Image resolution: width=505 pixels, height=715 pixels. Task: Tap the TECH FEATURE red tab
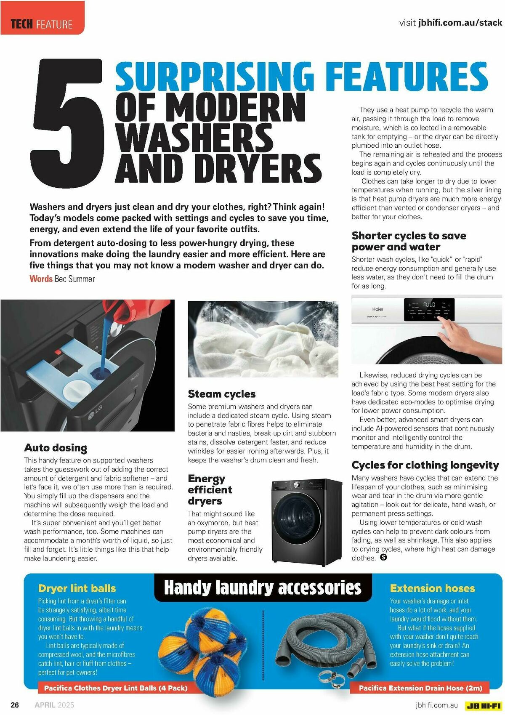pyautogui.click(x=42, y=24)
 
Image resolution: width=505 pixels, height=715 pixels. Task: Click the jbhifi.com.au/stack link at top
pyautogui.click(x=460, y=23)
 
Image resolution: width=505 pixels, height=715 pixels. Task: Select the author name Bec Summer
pyautogui.click(x=74, y=279)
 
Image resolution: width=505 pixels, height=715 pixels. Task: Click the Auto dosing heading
pyautogui.click(x=56, y=447)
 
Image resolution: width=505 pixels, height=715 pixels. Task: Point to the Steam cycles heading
pyautogui.click(x=222, y=394)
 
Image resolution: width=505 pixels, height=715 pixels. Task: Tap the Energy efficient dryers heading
pyautogui.click(x=210, y=489)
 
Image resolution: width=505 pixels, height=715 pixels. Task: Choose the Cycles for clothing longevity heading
pyautogui.click(x=425, y=465)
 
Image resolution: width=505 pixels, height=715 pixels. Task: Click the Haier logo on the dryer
pyautogui.click(x=377, y=309)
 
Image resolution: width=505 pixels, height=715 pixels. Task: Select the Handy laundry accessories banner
pyautogui.click(x=263, y=588)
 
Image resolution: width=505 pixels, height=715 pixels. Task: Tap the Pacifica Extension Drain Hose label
pyautogui.click(x=420, y=688)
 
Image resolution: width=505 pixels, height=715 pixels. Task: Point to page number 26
pyautogui.click(x=15, y=705)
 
